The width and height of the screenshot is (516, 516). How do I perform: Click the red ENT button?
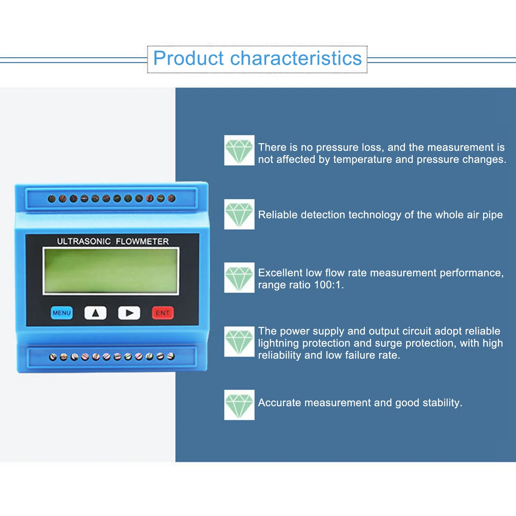click(x=163, y=313)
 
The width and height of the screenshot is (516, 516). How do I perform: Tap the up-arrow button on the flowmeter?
click(x=95, y=313)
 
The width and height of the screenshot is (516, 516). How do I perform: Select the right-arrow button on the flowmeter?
click(x=129, y=313)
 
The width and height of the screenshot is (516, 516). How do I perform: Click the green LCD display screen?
click(x=111, y=271)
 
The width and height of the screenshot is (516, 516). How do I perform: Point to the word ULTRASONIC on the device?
click(x=84, y=241)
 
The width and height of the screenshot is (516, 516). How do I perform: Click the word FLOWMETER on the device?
click(x=142, y=241)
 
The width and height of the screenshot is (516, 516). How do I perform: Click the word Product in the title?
click(x=188, y=58)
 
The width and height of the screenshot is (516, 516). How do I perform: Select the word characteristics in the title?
click(x=296, y=58)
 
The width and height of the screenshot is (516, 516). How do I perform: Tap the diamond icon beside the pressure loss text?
click(x=239, y=150)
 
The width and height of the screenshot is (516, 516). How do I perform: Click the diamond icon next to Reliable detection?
click(x=239, y=214)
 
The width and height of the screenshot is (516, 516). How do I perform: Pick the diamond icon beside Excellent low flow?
click(x=239, y=278)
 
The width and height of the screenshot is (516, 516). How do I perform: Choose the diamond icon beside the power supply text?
click(x=239, y=342)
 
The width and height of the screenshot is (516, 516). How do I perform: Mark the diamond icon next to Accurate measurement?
click(x=239, y=405)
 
